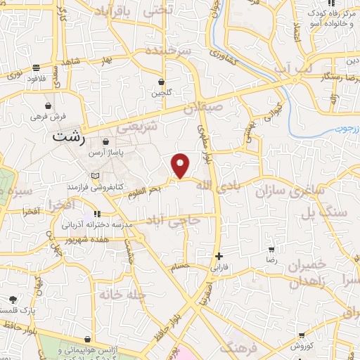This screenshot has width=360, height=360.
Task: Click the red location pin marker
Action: coord(181,166)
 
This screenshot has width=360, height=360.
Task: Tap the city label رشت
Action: coord(68,136)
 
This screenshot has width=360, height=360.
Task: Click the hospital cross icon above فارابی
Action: coord(220,256)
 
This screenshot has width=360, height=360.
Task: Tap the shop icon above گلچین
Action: coord(161,82)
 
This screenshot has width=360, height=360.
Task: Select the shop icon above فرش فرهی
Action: coord(46,105)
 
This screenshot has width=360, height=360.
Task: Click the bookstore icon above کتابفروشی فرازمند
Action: coord(96,176)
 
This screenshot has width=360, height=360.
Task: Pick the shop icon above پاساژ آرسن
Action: coord(105,141)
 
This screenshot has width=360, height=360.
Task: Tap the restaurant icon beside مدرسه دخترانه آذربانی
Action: coord(97,214)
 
